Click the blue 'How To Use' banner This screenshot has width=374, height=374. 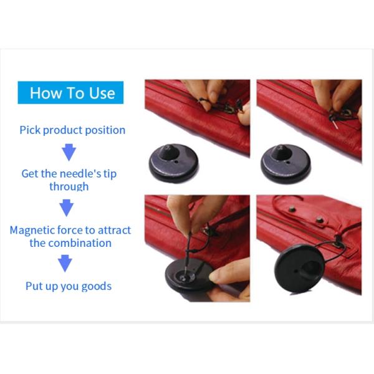(x=70, y=93)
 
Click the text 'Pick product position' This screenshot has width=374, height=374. (x=72, y=130)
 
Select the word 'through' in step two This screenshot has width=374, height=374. (x=69, y=186)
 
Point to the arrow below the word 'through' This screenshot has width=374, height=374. (x=66, y=208)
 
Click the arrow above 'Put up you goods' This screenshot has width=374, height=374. (x=65, y=264)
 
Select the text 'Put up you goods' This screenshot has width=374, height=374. (x=69, y=286)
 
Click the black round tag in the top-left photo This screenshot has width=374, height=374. (x=173, y=165)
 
